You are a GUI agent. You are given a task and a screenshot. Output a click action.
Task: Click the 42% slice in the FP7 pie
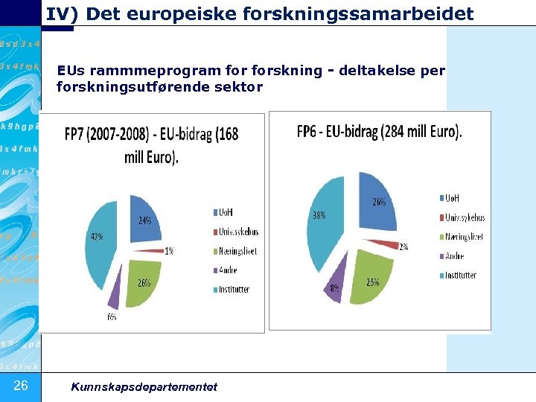click(x=100, y=246)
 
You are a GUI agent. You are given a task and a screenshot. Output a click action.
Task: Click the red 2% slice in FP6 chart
click(x=392, y=243)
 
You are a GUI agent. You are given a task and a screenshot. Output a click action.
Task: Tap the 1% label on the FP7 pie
click(x=169, y=251)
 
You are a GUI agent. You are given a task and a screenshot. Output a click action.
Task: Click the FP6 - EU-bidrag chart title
click(x=379, y=133)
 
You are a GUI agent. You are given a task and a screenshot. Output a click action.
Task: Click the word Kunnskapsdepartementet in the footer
click(x=144, y=386)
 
